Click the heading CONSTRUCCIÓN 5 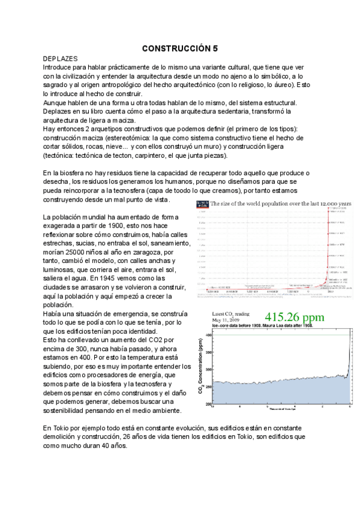[180, 47]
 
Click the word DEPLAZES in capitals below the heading [61, 59]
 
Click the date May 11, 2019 [224, 321]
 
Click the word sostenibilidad [68, 411]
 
